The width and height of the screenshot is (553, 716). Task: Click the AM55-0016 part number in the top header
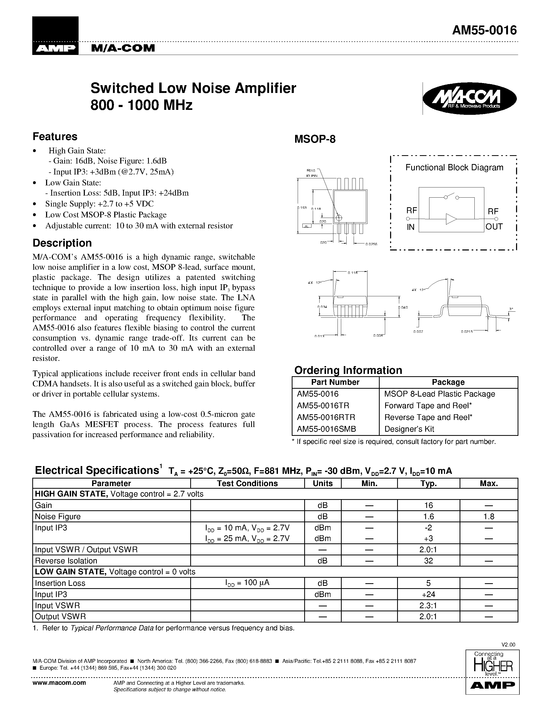pos(484,30)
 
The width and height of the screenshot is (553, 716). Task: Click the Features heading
pos(55,136)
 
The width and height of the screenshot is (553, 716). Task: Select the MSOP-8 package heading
pos(315,139)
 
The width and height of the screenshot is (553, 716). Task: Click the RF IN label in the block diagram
pos(411,219)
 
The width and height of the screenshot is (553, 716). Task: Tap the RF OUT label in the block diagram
pos(494,219)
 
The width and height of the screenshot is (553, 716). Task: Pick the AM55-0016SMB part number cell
pos(326,429)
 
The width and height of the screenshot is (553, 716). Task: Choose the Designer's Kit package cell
pos(409,429)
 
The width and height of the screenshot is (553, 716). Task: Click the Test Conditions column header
pos(247,483)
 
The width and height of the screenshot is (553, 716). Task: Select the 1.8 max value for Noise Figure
pos(488,517)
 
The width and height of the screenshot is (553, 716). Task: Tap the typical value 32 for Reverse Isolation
pos(429,561)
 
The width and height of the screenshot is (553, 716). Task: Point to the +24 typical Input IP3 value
pos(429,594)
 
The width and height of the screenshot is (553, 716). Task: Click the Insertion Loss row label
pos(60,583)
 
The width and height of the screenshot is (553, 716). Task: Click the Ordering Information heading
pos(348,370)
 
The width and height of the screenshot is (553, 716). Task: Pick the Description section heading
pos(62,243)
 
